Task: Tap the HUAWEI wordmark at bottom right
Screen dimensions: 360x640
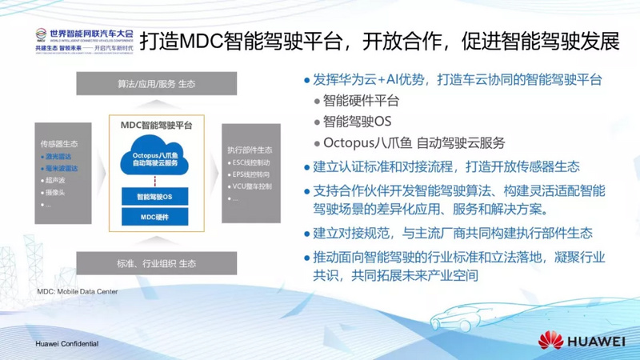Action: pyautogui.click(x=596, y=342)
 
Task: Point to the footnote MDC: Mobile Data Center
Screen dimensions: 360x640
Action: pyautogui.click(x=78, y=292)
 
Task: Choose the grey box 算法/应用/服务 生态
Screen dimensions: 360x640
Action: pyautogui.click(x=156, y=84)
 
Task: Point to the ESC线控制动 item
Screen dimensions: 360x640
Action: pyautogui.click(x=251, y=162)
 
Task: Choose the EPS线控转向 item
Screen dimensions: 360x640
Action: pyautogui.click(x=251, y=174)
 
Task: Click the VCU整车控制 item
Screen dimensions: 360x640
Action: pyautogui.click(x=252, y=186)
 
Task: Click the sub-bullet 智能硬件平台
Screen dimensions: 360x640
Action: pyautogui.click(x=361, y=102)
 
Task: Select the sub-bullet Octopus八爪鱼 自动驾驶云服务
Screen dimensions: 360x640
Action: pyautogui.click(x=414, y=143)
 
